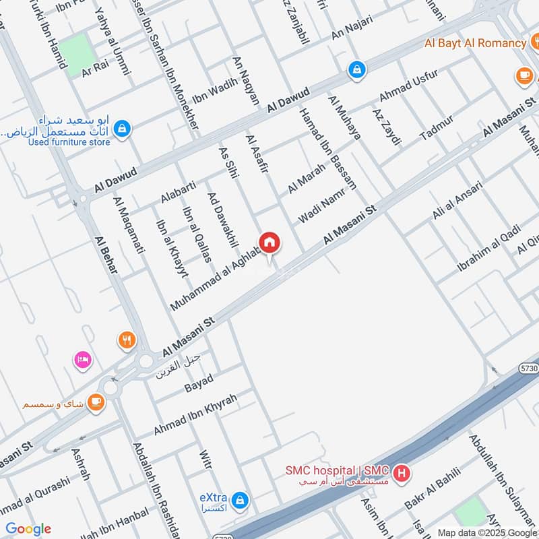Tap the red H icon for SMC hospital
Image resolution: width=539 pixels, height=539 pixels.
402,474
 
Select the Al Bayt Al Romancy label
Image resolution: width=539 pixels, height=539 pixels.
474,43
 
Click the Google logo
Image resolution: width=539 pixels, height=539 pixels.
28,529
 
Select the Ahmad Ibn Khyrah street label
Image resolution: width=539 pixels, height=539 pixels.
195,414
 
